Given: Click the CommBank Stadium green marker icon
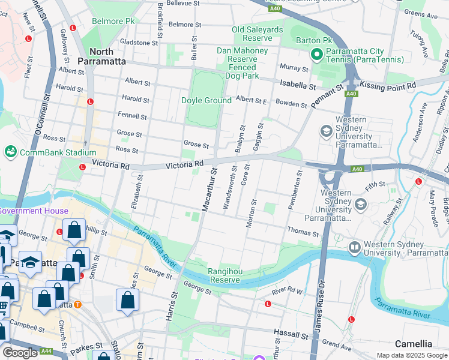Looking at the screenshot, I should pyautogui.click(x=11, y=152).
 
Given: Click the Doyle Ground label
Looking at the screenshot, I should pyautogui.click(x=206, y=100).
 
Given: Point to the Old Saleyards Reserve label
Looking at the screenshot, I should pyautogui.click(x=258, y=34).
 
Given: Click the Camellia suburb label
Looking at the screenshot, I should pyautogui.click(x=414, y=344).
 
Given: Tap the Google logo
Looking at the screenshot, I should pyautogui.click(x=20, y=353).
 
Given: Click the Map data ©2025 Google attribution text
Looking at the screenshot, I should pyautogui.click(x=412, y=355).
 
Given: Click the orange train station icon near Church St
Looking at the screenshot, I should pyautogui.click(x=77, y=304).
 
